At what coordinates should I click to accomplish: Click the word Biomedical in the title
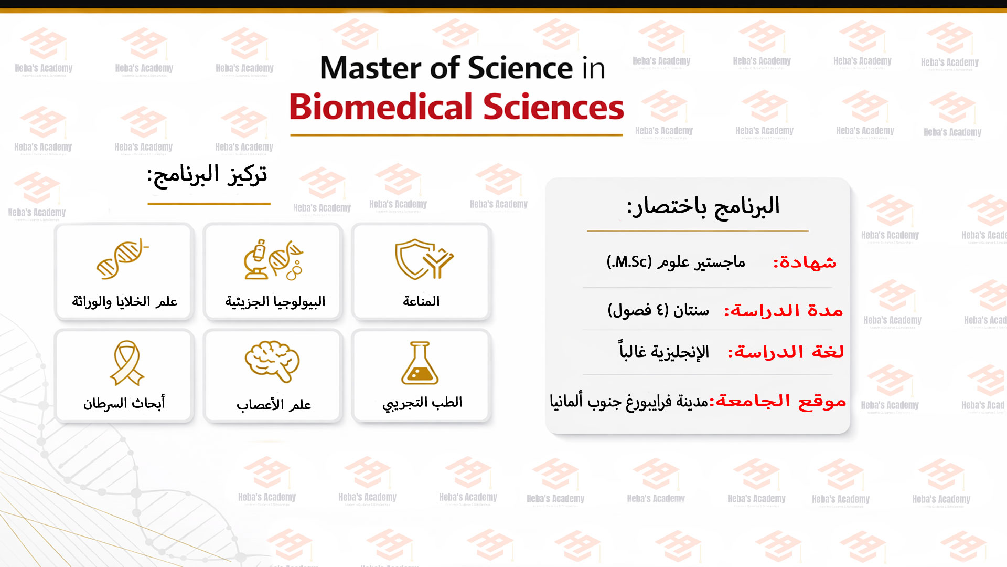click(381, 107)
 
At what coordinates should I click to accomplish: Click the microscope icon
click(257, 260)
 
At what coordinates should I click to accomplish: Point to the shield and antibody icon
click(424, 259)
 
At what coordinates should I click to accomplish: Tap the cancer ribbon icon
click(127, 363)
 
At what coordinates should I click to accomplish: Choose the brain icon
click(272, 362)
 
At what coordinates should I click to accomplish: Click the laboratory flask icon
click(420, 363)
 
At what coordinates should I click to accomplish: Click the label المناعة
click(421, 301)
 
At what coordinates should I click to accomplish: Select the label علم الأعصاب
click(274, 404)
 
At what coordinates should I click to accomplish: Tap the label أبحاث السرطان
click(124, 403)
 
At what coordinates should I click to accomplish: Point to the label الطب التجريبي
click(422, 403)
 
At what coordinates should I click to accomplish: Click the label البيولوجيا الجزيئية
click(275, 301)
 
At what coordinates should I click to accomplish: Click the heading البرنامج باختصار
click(703, 206)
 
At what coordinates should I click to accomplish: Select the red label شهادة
click(805, 262)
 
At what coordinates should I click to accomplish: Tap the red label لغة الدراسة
click(786, 352)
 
